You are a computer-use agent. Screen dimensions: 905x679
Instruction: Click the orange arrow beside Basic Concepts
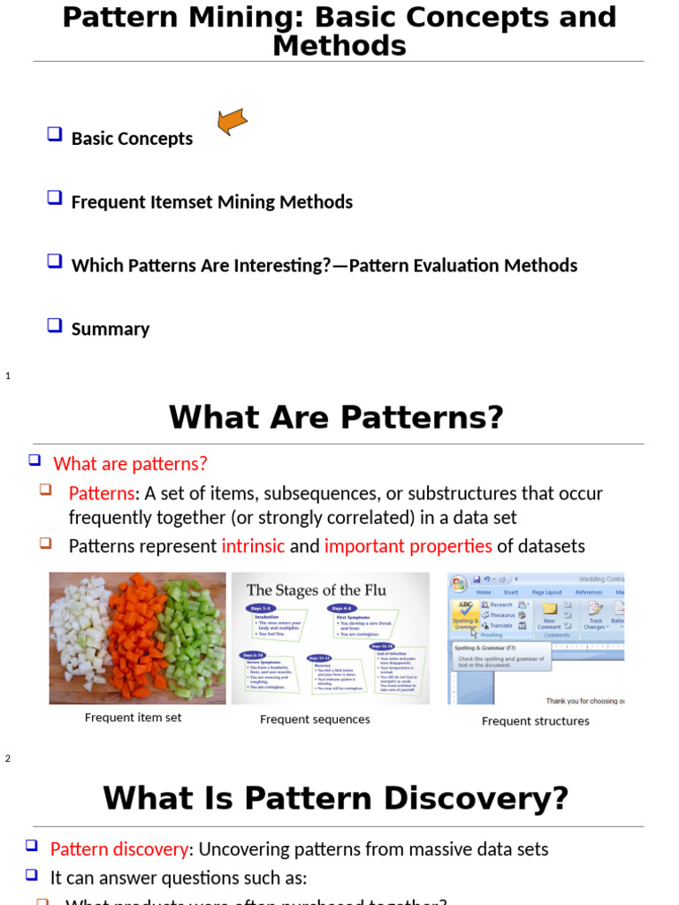click(233, 121)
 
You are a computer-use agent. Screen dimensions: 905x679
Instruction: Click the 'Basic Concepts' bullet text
click(132, 139)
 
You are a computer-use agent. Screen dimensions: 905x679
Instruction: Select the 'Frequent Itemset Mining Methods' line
click(211, 202)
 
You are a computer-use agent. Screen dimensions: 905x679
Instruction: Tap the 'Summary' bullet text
click(111, 329)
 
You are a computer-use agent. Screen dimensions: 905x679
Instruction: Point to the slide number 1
click(8, 376)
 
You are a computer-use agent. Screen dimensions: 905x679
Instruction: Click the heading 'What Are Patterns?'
click(336, 417)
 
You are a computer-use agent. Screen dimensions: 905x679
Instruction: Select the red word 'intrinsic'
click(253, 546)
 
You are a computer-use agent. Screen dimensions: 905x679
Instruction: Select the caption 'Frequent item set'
click(133, 718)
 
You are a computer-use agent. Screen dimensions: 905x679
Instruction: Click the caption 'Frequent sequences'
click(315, 719)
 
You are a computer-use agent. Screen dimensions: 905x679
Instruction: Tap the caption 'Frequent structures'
click(535, 721)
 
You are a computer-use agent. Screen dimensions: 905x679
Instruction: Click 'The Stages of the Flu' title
click(317, 589)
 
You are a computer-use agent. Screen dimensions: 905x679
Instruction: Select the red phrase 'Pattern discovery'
click(118, 849)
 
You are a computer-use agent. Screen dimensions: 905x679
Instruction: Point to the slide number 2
click(8, 758)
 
